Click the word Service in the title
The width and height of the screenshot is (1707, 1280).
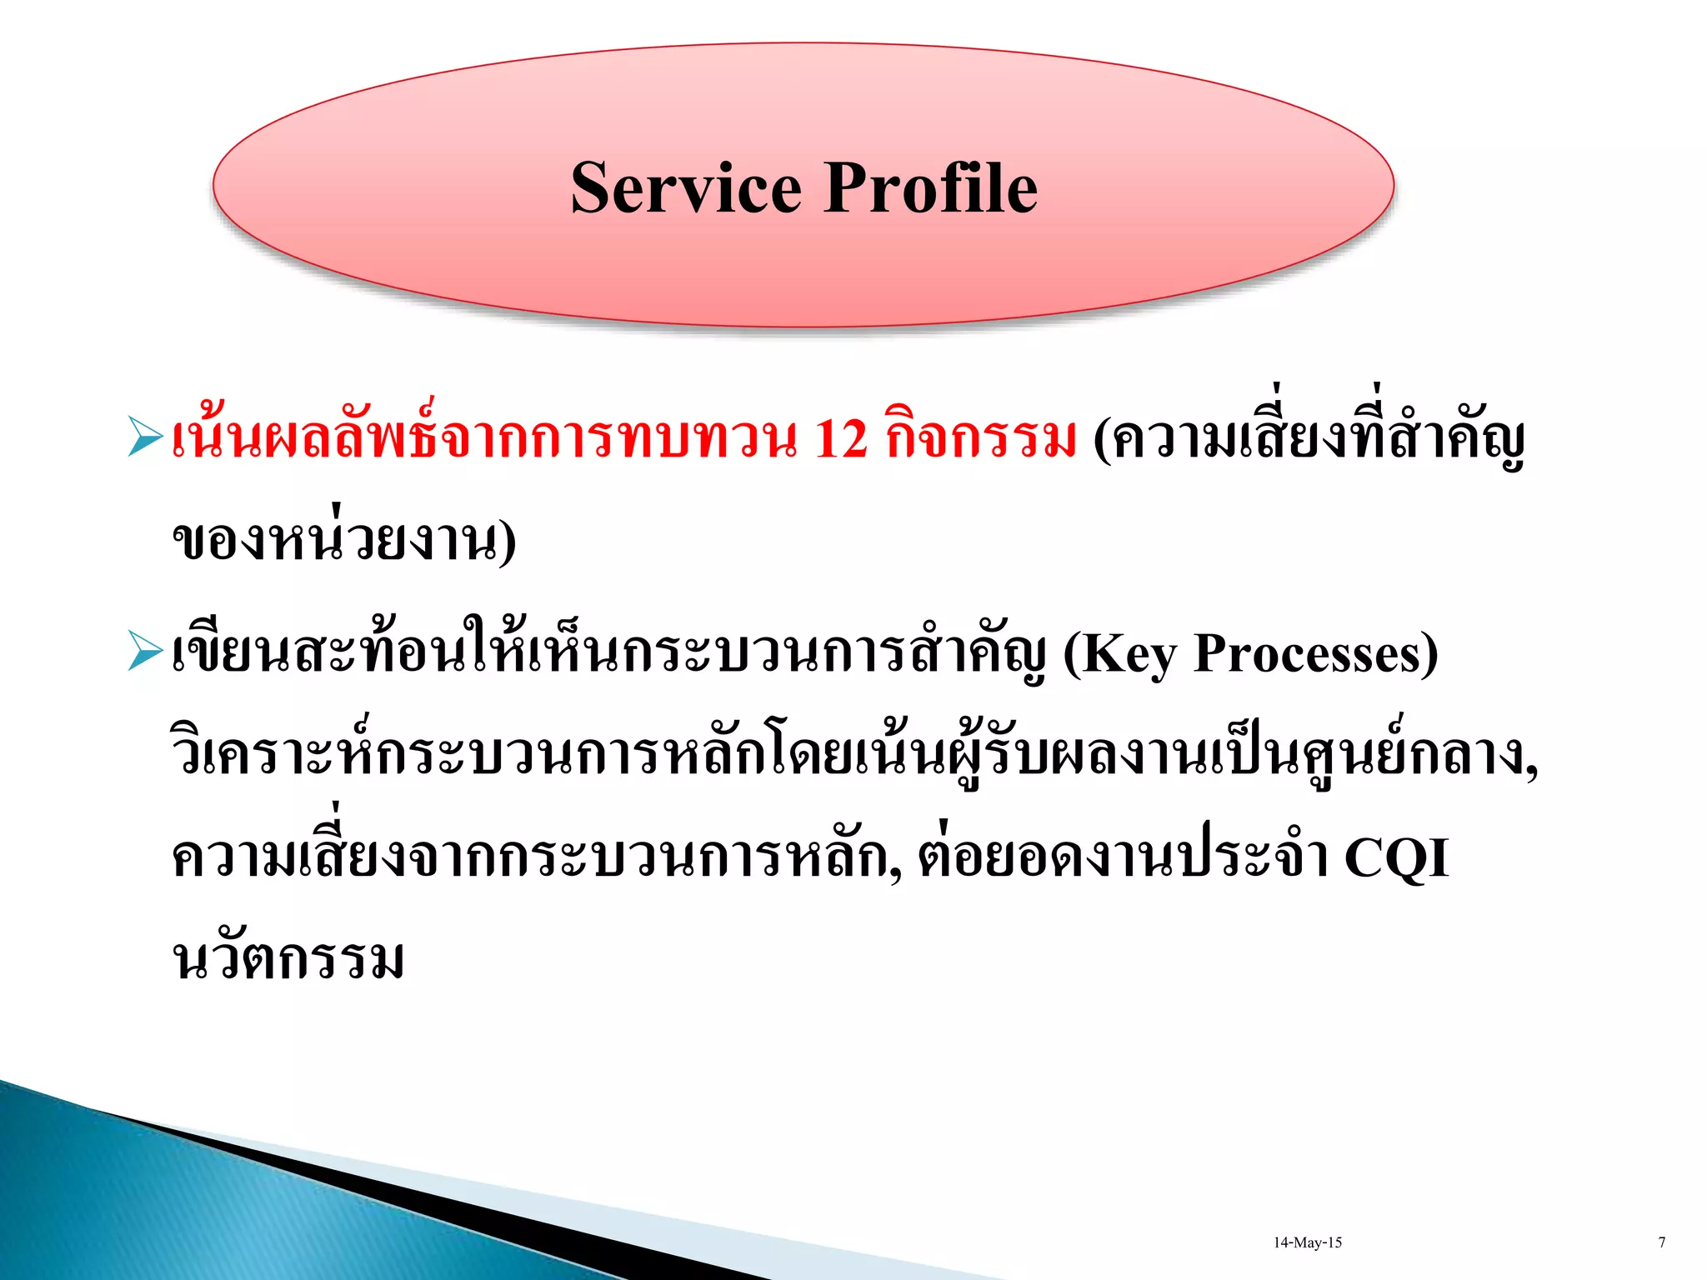(685, 188)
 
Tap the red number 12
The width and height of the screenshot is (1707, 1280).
(840, 439)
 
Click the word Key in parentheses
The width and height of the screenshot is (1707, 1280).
(1126, 654)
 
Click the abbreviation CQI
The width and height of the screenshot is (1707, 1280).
(1396, 857)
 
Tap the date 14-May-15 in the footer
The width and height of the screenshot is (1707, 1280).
(1307, 1242)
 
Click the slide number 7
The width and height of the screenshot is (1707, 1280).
(1661, 1242)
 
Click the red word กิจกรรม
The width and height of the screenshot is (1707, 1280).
(981, 439)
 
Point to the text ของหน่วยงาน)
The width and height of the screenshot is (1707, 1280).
(343, 542)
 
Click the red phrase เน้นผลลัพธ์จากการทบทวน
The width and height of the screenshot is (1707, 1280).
(483, 439)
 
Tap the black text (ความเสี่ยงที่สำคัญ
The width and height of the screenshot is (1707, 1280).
(1309, 439)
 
